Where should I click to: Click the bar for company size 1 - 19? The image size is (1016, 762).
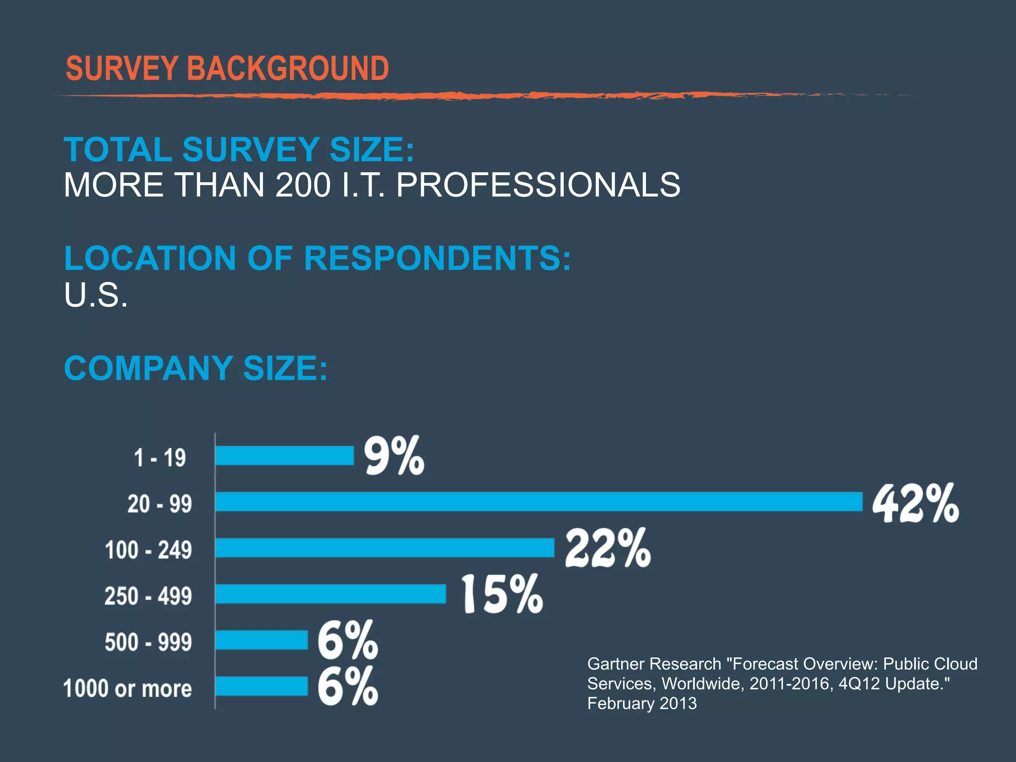(284, 455)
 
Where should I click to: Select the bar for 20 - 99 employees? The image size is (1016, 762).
(539, 502)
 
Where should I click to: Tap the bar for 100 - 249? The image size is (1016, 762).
(384, 548)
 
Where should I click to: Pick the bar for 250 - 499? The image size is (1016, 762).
(330, 594)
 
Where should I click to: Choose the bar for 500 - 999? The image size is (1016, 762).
(261, 640)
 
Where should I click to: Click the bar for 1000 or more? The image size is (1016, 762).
(261, 686)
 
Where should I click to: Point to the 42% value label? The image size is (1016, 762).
(915, 503)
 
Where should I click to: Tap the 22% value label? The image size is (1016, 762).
(608, 548)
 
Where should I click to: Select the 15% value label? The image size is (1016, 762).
(503, 594)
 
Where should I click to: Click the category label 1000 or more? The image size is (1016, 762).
(127, 689)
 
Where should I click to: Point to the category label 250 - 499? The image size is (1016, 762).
(148, 596)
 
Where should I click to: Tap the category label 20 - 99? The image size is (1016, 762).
(159, 504)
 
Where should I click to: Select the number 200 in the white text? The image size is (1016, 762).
(303, 185)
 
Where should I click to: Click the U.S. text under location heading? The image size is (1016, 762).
(96, 295)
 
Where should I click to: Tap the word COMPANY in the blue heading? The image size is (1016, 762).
(148, 368)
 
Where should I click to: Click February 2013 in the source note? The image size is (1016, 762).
(642, 703)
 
